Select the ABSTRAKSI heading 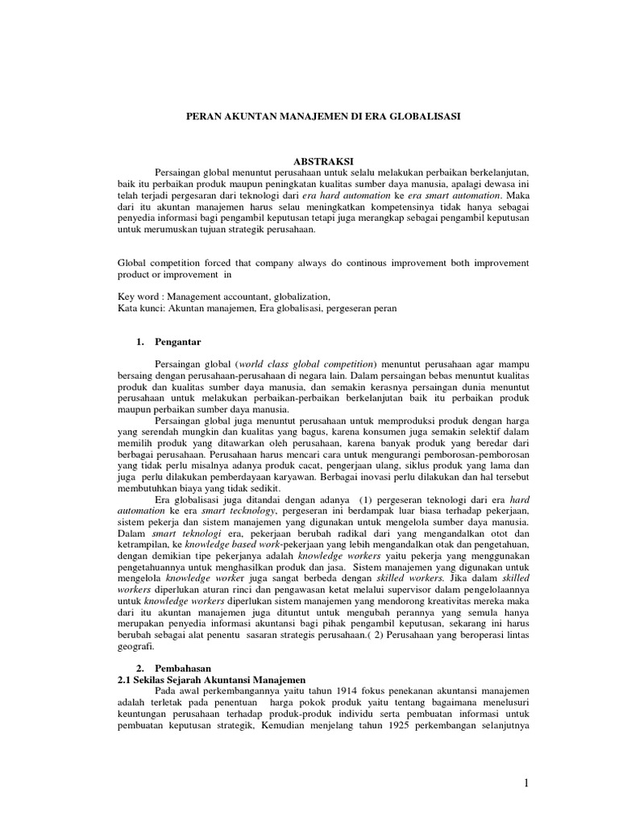tap(309, 162)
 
